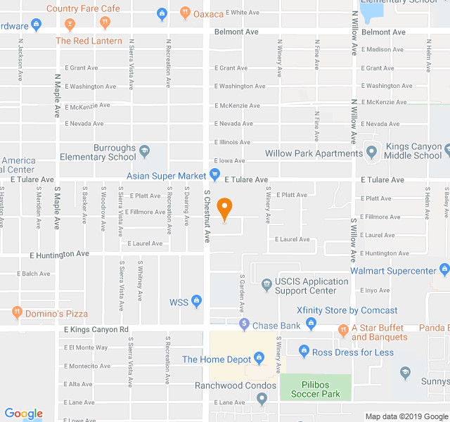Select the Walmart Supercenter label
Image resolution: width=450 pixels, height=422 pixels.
(402, 271)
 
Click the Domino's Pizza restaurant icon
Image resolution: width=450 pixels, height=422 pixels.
(17, 312)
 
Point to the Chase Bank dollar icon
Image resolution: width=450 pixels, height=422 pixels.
(244, 325)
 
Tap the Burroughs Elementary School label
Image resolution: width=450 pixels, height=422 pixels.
(98, 153)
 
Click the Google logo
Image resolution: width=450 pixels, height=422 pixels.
(23, 414)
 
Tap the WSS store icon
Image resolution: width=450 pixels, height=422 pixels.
(196, 302)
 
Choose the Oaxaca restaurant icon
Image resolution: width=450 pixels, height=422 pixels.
(185, 13)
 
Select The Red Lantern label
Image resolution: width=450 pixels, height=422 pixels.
(89, 41)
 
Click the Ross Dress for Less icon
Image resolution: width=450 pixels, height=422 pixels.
(304, 350)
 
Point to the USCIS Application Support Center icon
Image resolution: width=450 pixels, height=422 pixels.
(266, 285)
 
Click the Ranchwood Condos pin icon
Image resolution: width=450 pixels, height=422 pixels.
(262, 399)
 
